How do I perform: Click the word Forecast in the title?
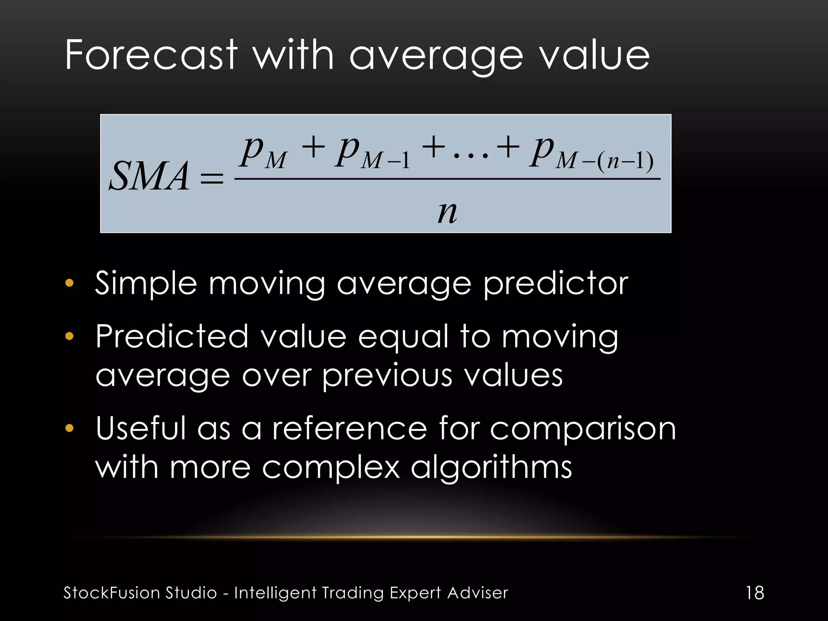coord(151,55)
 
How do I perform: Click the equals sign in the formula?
coord(212,178)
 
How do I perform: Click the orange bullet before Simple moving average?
coord(70,283)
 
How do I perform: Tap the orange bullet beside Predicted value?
coord(70,336)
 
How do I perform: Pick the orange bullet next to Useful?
coord(70,428)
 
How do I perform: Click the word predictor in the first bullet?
coord(556,284)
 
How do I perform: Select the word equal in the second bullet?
coord(403,338)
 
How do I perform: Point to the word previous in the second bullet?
coord(387,376)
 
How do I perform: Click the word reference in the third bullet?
coord(349,429)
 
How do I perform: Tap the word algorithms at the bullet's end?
coord(491,467)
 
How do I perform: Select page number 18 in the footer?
coord(755,593)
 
